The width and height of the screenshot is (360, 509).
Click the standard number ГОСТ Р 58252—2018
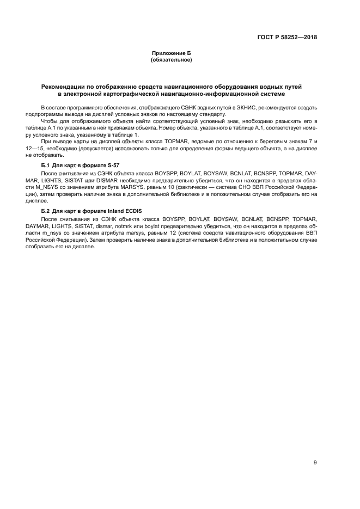[287, 38]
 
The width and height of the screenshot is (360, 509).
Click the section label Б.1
[46, 165]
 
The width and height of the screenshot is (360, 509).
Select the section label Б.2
[46, 210]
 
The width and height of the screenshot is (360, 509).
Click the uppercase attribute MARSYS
[147, 186]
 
